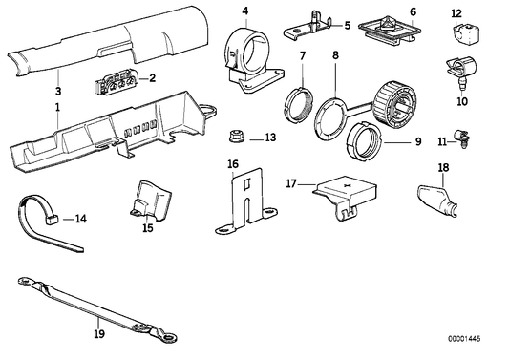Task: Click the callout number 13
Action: pos(270,138)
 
